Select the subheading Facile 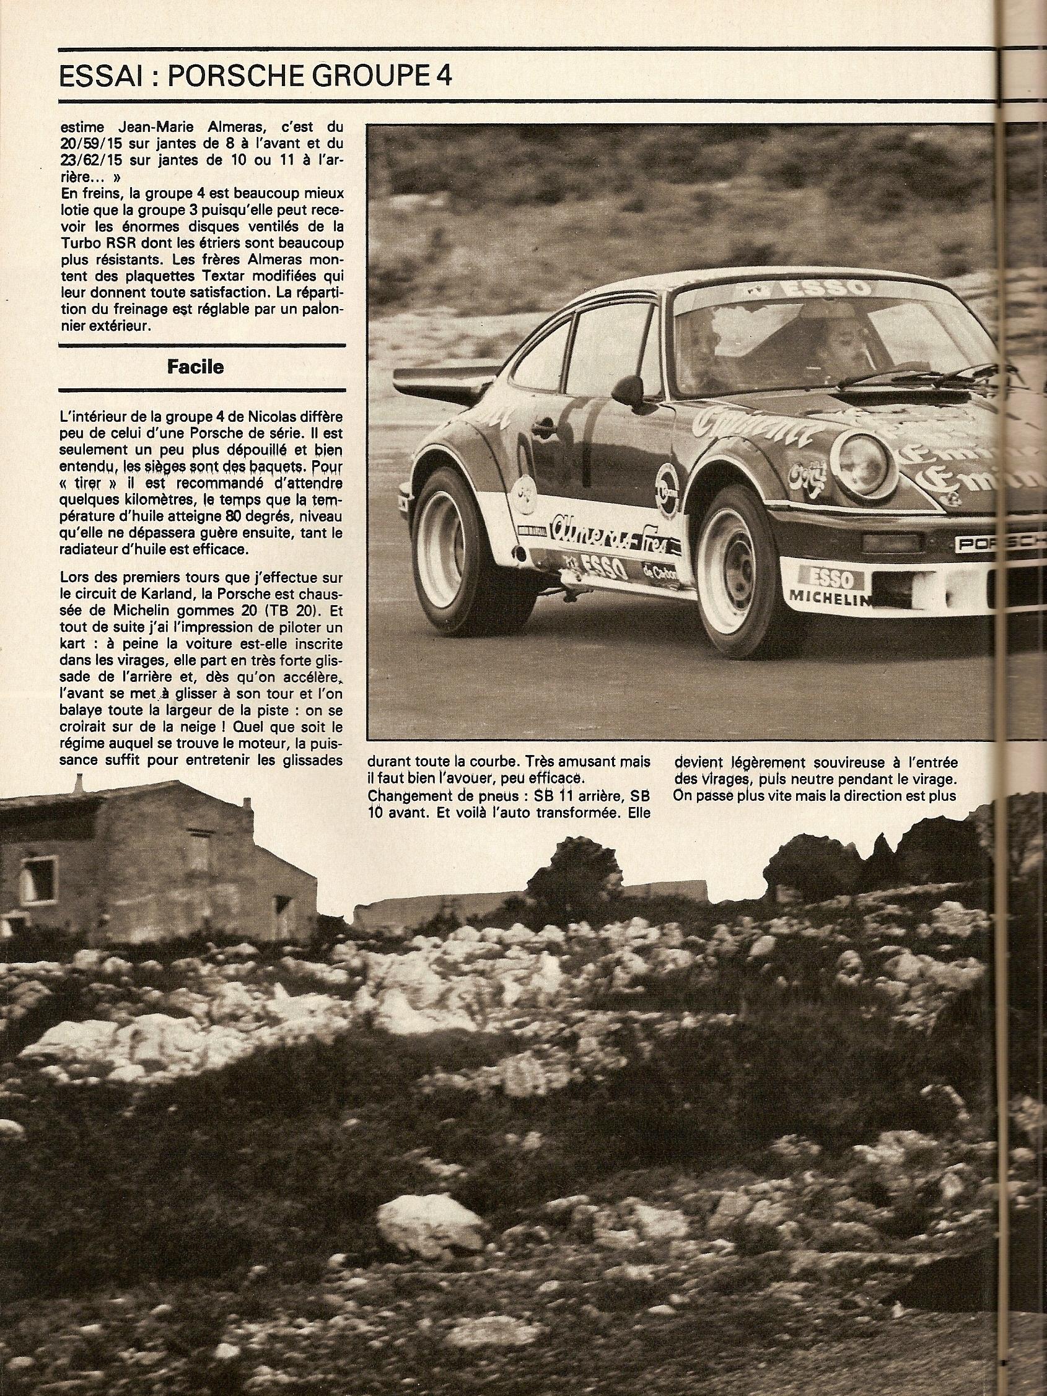coord(195,367)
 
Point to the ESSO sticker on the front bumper coord(826,578)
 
